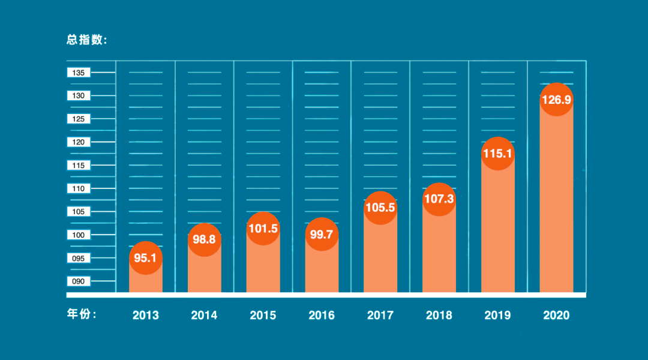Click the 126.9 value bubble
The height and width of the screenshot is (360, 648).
(x=556, y=100)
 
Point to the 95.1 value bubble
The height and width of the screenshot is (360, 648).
(x=146, y=258)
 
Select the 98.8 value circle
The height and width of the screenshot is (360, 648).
(x=205, y=239)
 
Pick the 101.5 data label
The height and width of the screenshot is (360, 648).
(x=263, y=229)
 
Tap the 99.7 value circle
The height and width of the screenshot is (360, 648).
(x=322, y=234)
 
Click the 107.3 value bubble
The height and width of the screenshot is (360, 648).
(x=439, y=199)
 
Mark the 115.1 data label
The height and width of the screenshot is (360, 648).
(x=498, y=154)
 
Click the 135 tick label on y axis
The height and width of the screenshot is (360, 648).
(x=79, y=73)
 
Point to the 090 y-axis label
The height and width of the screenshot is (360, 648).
(x=79, y=281)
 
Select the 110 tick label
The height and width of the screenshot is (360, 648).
(x=79, y=188)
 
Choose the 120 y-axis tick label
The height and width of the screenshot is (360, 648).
(x=79, y=142)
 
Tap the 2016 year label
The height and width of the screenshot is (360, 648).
(x=322, y=315)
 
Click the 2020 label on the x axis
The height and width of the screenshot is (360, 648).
(x=556, y=315)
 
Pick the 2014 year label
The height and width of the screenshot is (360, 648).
(x=205, y=315)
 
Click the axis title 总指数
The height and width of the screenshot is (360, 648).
(x=86, y=40)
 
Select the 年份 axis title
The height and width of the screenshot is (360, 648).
(x=82, y=314)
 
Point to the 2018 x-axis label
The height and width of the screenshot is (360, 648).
(x=439, y=315)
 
